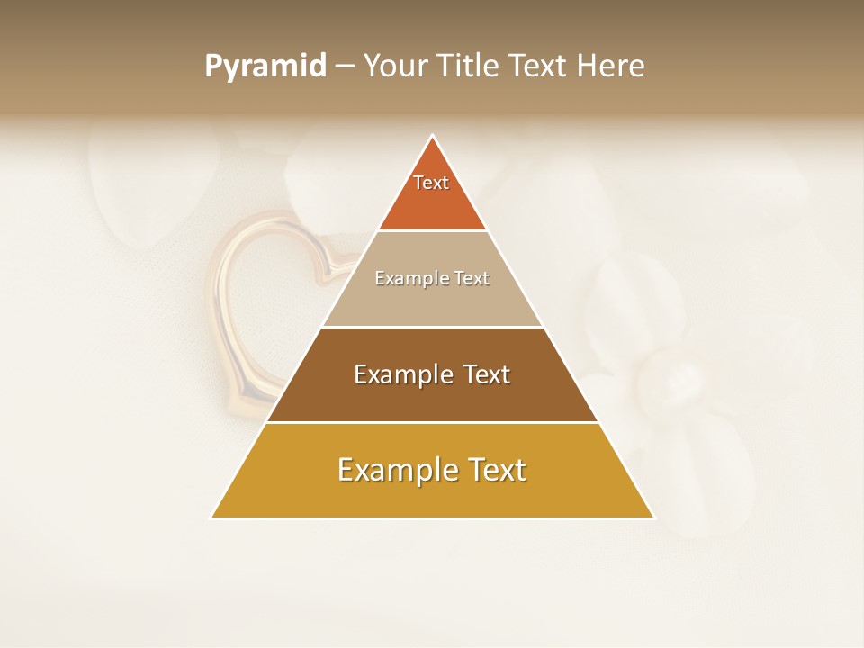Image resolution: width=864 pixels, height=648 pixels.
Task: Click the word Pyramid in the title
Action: pyautogui.click(x=265, y=67)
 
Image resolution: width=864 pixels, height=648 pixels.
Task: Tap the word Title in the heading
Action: pyautogui.click(x=472, y=66)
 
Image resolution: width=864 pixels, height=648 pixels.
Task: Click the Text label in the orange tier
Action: pyautogui.click(x=431, y=183)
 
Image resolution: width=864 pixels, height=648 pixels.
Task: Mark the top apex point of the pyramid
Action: pyautogui.click(x=433, y=136)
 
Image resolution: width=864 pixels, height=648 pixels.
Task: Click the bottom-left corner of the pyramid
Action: pyautogui.click(x=212, y=517)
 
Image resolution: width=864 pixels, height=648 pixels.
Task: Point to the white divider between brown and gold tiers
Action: pyautogui.click(x=432, y=422)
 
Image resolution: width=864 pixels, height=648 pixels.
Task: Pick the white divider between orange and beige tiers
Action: pyautogui.click(x=432, y=231)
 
